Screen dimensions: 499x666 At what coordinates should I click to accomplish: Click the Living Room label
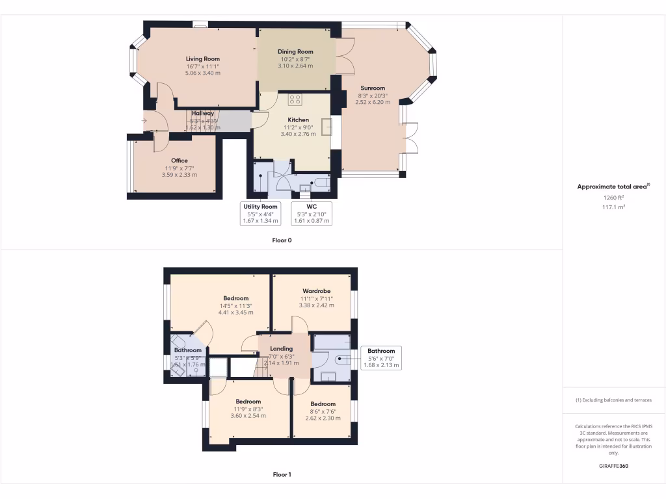point(203,59)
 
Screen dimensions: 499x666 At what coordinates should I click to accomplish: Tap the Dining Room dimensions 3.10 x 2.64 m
point(295,66)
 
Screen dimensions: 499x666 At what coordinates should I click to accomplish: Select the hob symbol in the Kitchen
point(295,99)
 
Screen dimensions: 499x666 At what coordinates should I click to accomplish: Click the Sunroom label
point(373,88)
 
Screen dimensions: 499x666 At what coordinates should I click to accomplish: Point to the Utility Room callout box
point(260,213)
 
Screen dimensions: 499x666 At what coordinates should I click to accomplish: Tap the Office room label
point(180,160)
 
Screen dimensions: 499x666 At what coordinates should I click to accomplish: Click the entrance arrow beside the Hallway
point(144,120)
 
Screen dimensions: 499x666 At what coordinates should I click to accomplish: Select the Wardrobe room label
point(316,291)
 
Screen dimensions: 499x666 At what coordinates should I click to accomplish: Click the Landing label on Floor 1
point(281,349)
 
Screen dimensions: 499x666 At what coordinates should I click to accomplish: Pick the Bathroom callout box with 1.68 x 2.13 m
point(381,358)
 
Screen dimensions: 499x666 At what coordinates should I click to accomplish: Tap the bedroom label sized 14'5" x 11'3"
point(236,298)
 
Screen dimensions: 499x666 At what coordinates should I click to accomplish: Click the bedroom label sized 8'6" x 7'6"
point(323,403)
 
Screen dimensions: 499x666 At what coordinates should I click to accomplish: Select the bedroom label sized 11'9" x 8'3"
point(248,402)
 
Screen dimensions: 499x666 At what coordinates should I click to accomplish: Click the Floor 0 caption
point(282,240)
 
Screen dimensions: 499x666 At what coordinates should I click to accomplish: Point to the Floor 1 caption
point(282,474)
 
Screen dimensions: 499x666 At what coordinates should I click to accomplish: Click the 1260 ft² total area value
point(613,198)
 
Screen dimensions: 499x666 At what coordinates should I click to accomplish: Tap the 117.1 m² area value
point(613,207)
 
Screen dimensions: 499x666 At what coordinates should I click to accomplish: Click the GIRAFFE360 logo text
point(613,466)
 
